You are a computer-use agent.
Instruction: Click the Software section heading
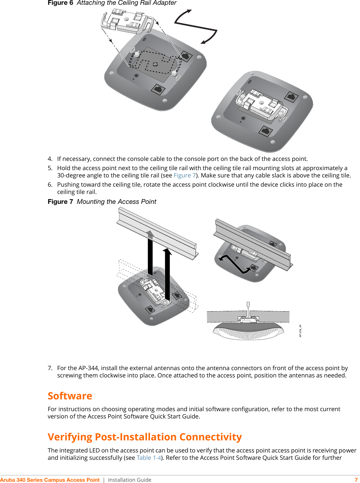70,396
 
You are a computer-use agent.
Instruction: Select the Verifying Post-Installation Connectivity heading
145,437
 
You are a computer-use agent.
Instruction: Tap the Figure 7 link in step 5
184,176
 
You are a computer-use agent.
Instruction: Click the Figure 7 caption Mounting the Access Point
116,202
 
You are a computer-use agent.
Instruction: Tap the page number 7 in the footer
356,480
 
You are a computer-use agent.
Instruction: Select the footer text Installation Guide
129,480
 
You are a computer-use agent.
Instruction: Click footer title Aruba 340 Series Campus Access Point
50,480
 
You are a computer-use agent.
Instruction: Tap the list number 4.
50,159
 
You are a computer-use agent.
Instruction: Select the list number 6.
50,185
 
